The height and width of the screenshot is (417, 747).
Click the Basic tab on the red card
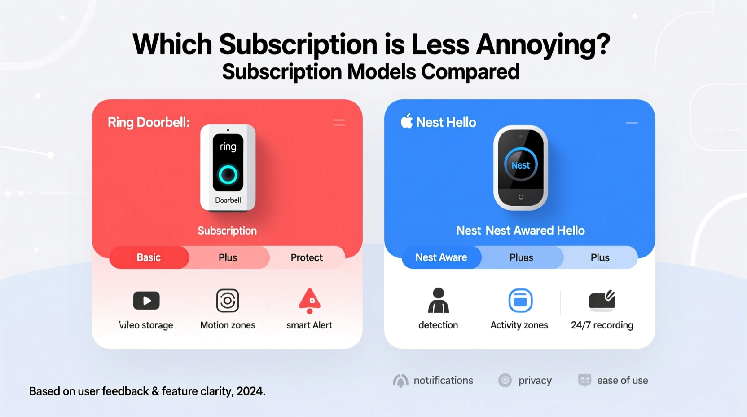click(x=149, y=257)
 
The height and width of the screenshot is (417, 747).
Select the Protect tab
click(x=307, y=257)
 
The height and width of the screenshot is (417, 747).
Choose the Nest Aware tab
click(x=441, y=257)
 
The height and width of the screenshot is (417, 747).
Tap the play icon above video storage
click(x=146, y=301)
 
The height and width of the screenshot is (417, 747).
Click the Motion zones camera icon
click(x=228, y=301)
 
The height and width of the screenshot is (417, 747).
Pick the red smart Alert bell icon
click(x=309, y=301)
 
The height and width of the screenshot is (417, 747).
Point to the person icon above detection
click(x=438, y=301)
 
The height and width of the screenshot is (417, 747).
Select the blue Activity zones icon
click(x=520, y=301)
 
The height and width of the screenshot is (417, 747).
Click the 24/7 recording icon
click(x=602, y=301)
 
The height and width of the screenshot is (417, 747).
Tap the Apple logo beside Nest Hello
click(x=407, y=121)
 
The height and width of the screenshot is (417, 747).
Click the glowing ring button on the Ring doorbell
click(x=228, y=175)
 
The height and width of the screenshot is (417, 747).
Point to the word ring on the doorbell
click(x=228, y=146)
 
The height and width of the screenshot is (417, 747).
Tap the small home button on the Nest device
click(x=521, y=197)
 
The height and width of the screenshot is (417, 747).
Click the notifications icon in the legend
click(x=400, y=381)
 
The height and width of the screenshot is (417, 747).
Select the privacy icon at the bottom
click(x=505, y=381)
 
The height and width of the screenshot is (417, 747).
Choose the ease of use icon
click(x=584, y=381)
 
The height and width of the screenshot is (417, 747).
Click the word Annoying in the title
click(x=543, y=45)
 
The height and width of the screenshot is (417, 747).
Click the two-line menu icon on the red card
click(x=339, y=122)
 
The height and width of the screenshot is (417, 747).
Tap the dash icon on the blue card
click(x=632, y=123)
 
